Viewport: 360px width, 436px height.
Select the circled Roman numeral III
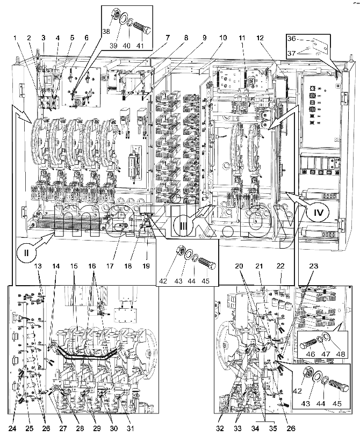(x=182, y=227)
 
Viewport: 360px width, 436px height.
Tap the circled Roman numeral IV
(x=319, y=213)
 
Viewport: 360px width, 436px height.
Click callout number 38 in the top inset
(x=105, y=32)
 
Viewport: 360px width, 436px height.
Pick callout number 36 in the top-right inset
(x=291, y=38)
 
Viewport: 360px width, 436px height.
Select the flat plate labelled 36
(x=319, y=46)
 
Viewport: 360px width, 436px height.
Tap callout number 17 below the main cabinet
(x=110, y=266)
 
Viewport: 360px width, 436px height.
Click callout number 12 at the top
(x=260, y=38)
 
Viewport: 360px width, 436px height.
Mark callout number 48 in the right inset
(x=341, y=354)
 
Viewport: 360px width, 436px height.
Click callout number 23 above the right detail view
(x=314, y=266)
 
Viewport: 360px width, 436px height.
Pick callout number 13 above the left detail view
(x=38, y=266)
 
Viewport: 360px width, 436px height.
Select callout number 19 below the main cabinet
(x=146, y=266)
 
